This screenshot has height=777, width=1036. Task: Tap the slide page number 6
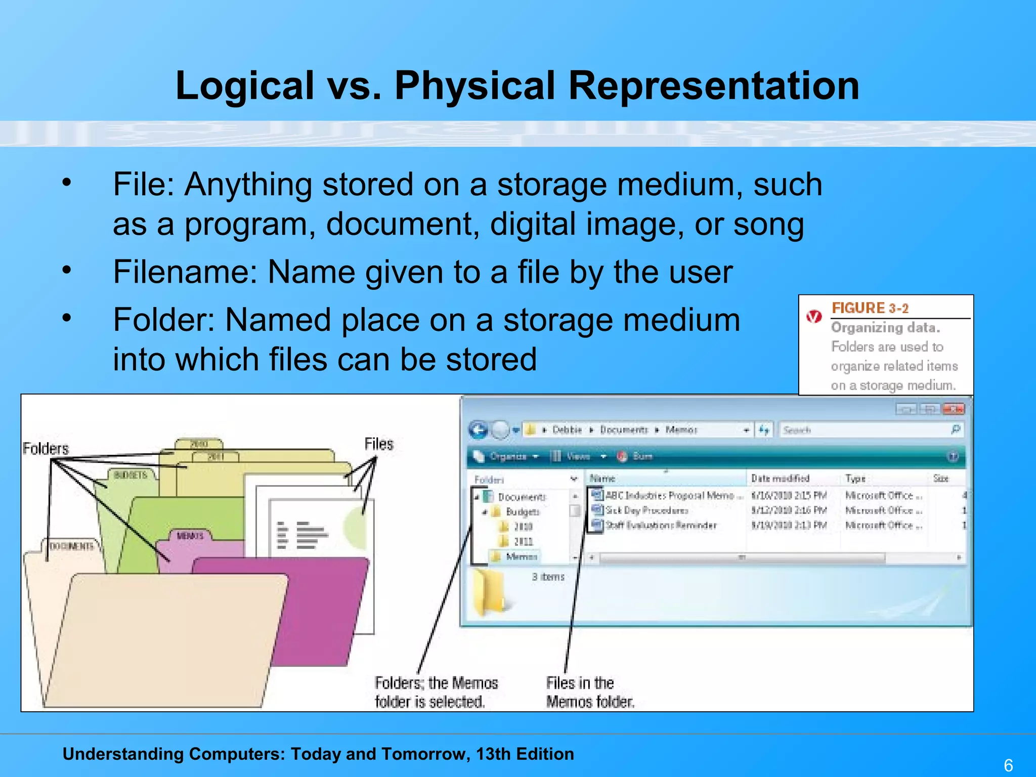coord(1008,765)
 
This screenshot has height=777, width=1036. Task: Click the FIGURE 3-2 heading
coord(870,308)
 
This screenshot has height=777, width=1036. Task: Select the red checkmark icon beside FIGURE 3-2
coord(814,317)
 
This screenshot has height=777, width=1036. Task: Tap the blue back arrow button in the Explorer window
coord(478,430)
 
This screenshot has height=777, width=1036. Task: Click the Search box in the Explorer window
coord(865,430)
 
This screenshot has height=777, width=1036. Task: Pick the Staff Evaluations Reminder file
coord(661,525)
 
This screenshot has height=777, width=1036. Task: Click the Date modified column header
coord(780,478)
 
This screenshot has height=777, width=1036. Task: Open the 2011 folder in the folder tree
coord(523,541)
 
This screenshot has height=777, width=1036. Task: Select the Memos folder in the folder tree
coord(521,556)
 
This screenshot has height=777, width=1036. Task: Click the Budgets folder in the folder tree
coord(523,511)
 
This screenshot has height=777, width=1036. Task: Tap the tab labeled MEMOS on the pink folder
coord(190,536)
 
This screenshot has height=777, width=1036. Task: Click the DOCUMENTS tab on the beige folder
coord(71,546)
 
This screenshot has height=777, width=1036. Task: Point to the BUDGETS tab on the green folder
coord(131,475)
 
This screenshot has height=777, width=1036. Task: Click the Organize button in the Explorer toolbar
coord(507,456)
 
